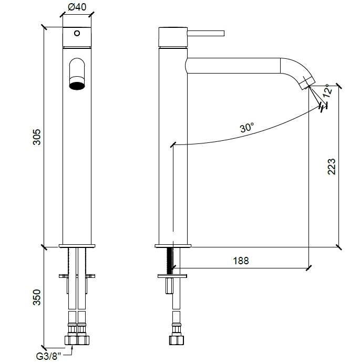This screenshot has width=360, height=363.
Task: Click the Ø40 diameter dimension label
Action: click(77, 7)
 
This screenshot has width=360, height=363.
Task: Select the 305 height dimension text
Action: click(37, 137)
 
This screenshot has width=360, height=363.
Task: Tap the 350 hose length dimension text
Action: click(37, 297)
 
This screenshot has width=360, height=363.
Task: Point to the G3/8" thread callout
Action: click(49, 356)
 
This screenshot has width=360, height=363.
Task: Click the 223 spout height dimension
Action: click(331, 166)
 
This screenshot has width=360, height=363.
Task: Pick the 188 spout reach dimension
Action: click(241, 261)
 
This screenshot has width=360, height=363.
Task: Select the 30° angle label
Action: click(247, 128)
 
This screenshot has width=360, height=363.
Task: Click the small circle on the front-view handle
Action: click(77, 33)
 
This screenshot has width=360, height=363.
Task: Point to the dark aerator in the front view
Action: click(77, 86)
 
